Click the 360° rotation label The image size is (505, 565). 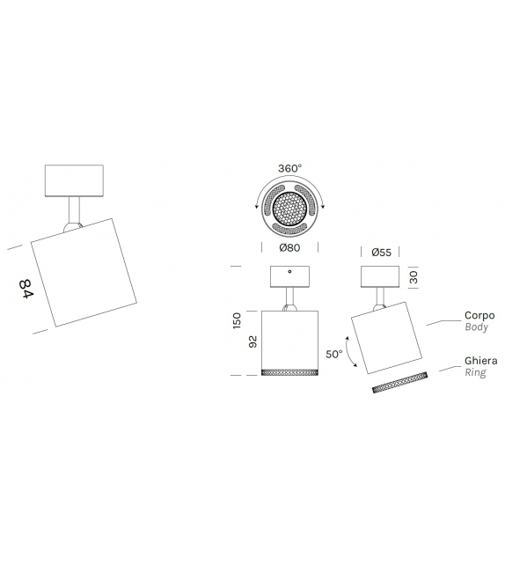point(289,167)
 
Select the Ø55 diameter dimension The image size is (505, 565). point(381,252)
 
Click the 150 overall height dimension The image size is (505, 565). point(237,320)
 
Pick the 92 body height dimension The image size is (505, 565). point(252,342)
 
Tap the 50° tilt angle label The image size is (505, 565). point(333,355)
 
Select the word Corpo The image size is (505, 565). point(479,315)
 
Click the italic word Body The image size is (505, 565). point(475,327)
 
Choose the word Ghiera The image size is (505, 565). point(481,361)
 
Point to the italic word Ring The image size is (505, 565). point(475,373)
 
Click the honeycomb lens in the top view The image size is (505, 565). point(289,208)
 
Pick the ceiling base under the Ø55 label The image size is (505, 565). point(381,276)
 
